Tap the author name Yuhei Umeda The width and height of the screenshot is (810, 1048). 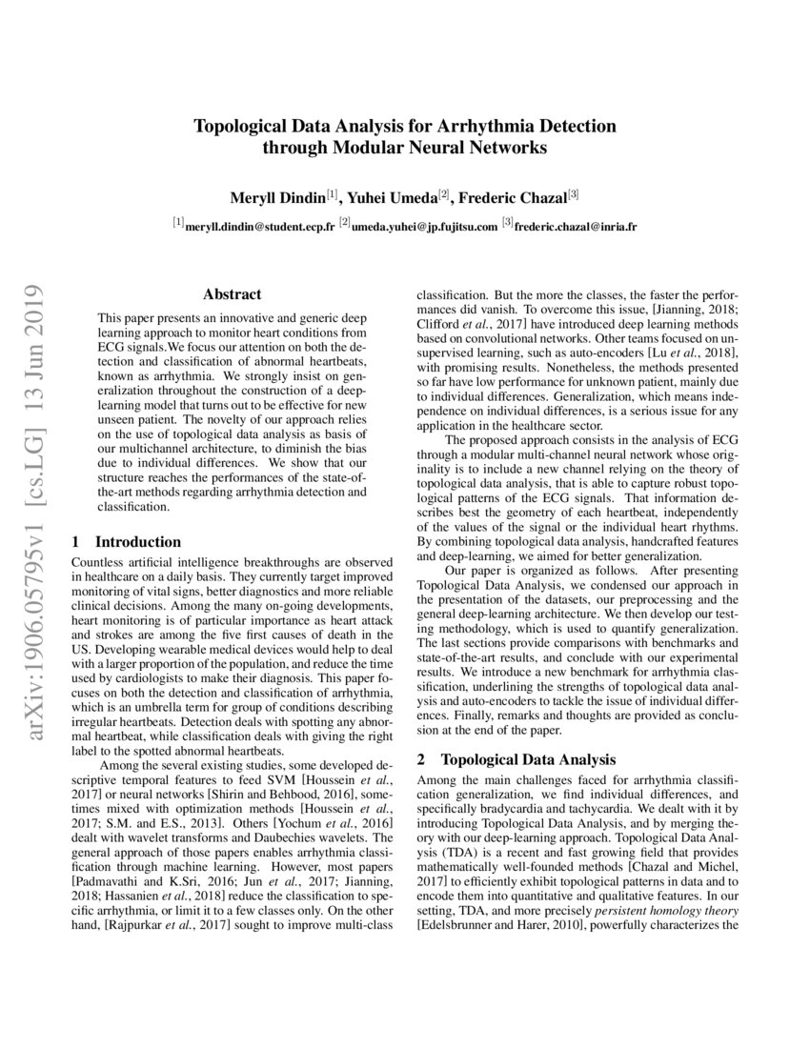(393, 197)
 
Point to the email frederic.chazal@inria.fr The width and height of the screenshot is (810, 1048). (577, 227)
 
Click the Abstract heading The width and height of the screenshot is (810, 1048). (232, 295)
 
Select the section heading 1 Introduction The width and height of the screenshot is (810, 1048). (127, 542)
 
